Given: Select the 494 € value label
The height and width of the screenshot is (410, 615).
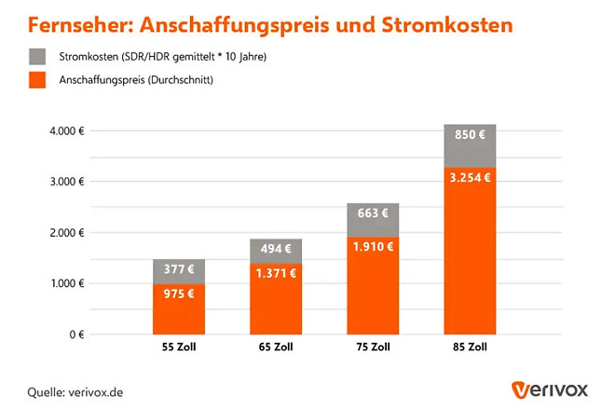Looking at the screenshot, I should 276,249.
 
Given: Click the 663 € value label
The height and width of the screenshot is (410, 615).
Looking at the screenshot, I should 373,213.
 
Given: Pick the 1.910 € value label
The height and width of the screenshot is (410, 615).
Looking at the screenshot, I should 373,248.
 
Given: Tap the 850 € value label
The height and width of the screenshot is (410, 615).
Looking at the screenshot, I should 470,134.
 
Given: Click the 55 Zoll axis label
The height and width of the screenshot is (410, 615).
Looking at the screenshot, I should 178,348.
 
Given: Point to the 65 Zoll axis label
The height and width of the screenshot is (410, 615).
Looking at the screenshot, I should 276,348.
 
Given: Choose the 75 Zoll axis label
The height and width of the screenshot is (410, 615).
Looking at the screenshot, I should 373,348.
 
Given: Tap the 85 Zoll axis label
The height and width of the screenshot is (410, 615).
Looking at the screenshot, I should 470,348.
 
